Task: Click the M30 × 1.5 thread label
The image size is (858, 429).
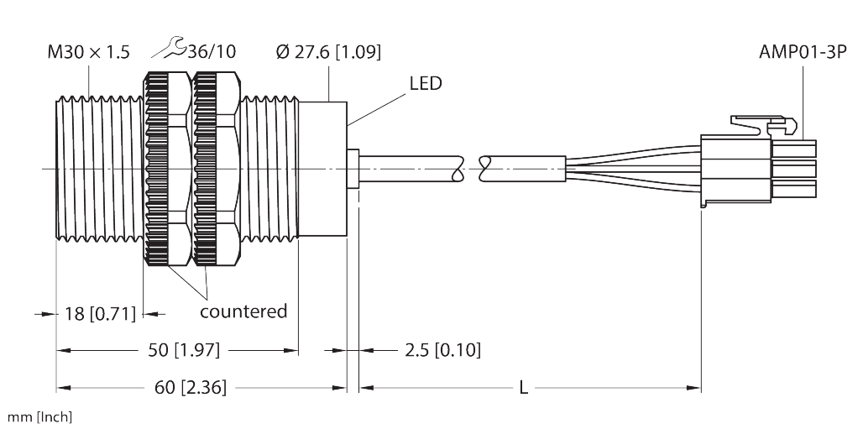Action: [88, 52]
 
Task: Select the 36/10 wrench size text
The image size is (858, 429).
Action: [211, 52]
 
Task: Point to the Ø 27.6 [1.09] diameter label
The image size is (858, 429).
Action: [327, 52]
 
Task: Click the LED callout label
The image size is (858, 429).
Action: [425, 84]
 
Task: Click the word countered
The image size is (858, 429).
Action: [243, 311]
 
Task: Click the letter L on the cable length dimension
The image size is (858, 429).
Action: [523, 387]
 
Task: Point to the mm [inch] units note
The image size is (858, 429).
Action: [39, 417]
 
